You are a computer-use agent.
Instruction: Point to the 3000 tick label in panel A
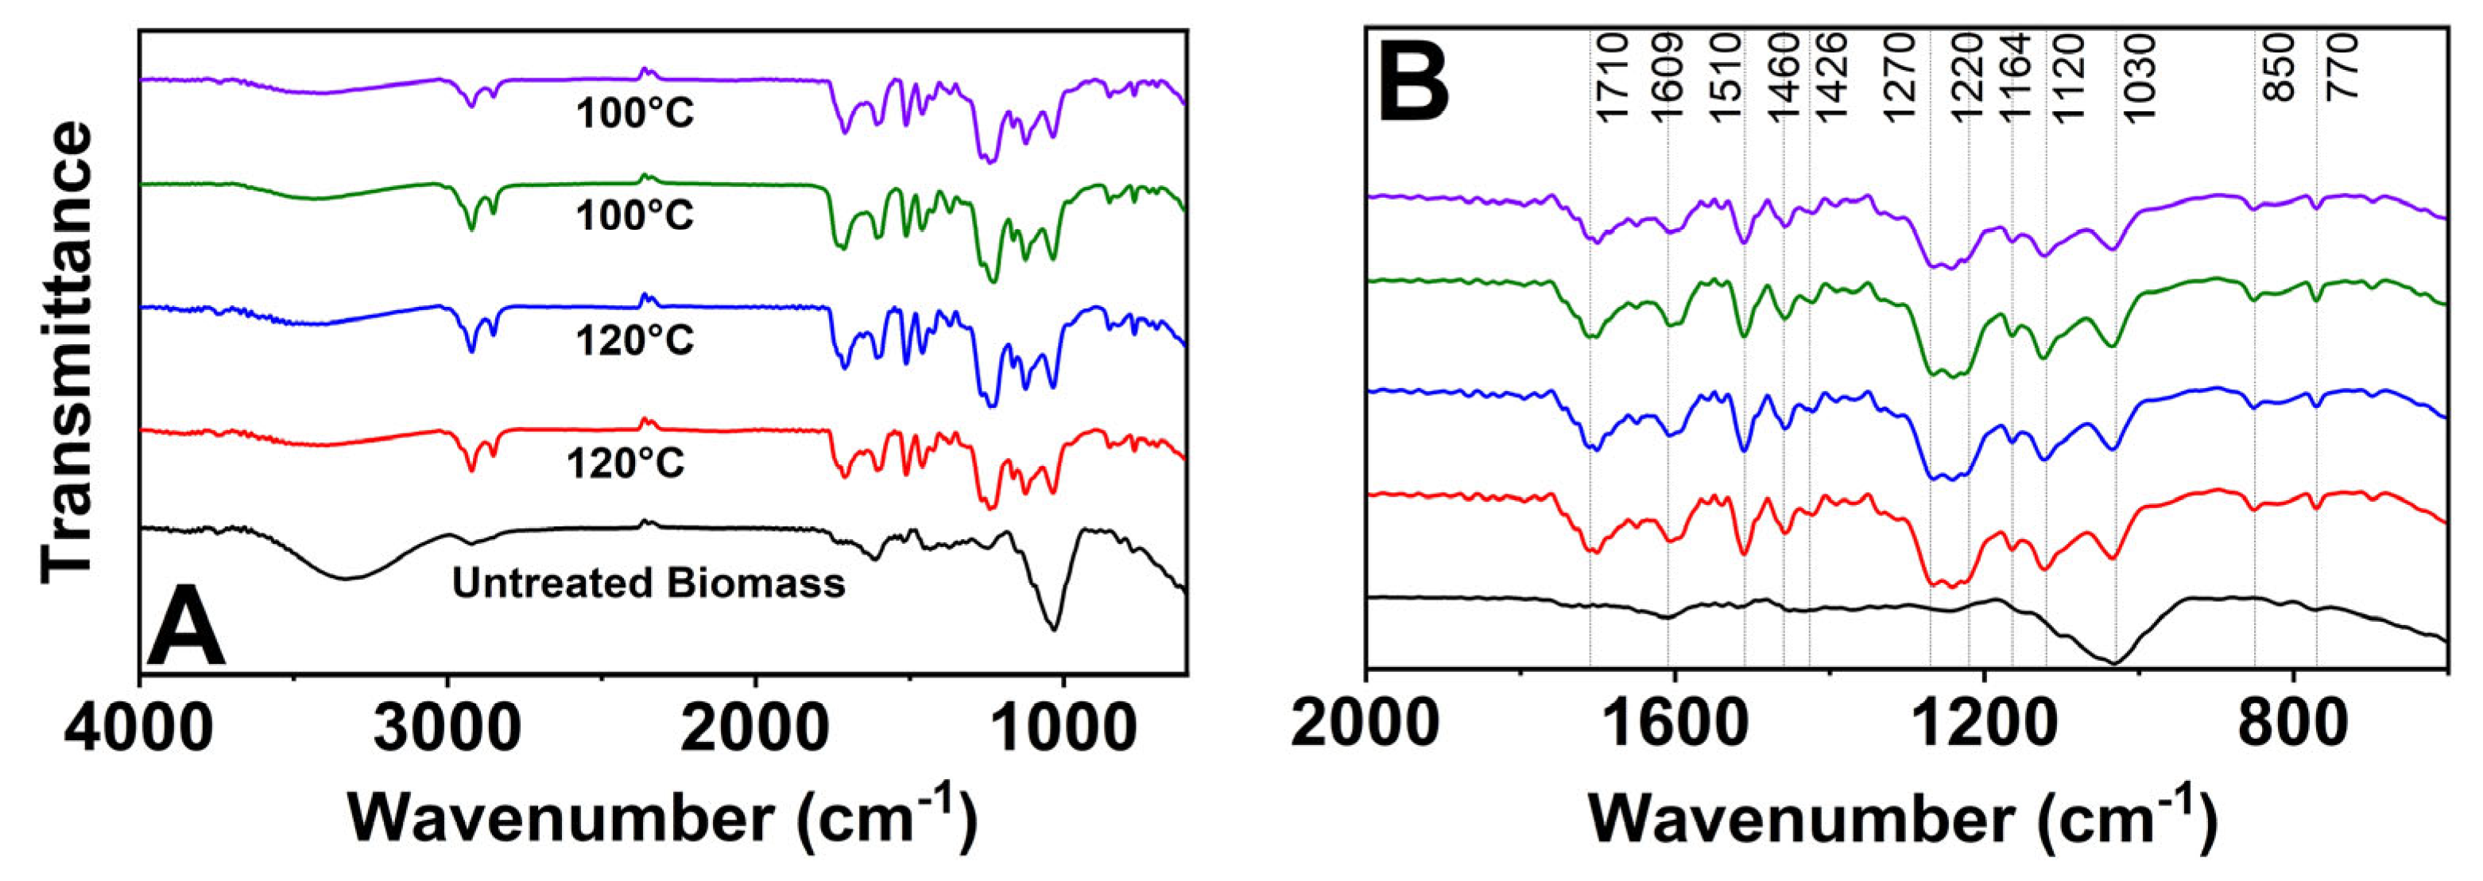click(447, 730)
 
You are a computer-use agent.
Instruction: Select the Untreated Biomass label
click(649, 583)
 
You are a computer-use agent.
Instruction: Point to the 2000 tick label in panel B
click(1367, 730)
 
